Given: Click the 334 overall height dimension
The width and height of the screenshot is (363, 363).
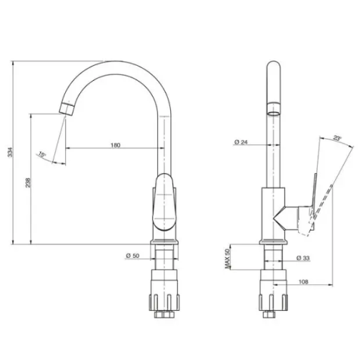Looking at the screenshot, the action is [10, 152].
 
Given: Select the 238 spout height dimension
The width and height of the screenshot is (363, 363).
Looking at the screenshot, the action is [28, 183].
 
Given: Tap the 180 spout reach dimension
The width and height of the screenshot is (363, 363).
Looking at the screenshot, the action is [116, 145].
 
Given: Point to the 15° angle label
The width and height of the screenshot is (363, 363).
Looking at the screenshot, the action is [42, 154].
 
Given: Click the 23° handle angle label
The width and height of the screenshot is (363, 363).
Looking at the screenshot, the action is [337, 138].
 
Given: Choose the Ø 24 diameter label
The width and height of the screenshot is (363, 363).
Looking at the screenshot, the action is [241, 142].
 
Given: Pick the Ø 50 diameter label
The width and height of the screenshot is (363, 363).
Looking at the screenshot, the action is [132, 256].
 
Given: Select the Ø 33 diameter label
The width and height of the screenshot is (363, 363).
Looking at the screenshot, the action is [303, 258].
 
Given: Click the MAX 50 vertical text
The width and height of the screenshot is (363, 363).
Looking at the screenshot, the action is [228, 259].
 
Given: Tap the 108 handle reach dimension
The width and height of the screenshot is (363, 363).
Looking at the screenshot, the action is [303, 282].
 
